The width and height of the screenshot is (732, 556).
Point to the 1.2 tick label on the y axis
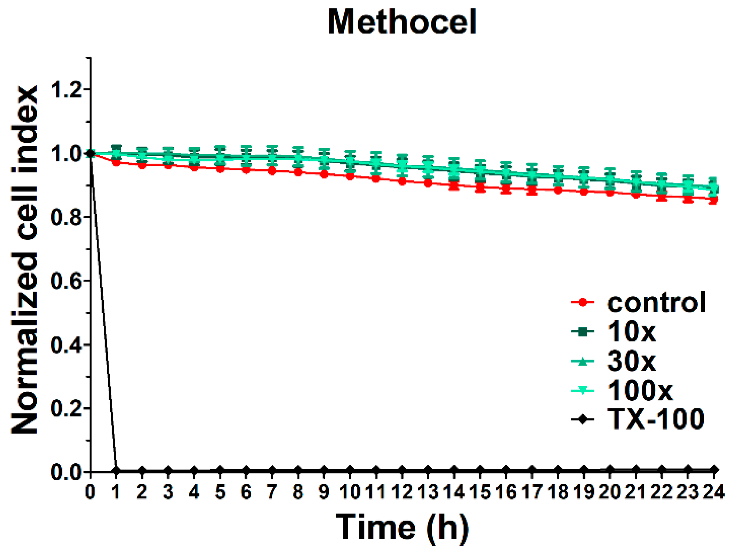(66, 90)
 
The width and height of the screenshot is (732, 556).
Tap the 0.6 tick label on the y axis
(66, 281)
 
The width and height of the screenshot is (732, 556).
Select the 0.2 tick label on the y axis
(66, 408)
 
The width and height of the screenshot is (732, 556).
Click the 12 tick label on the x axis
(402, 492)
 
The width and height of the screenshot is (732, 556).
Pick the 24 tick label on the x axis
(713, 492)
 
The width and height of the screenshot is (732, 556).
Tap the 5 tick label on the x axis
(220, 492)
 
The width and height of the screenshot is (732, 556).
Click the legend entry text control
(656, 302)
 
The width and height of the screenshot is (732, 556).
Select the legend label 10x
(632, 331)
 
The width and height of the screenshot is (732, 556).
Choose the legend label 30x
(632, 360)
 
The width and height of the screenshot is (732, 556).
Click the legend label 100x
(640, 390)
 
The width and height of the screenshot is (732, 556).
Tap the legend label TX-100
(656, 419)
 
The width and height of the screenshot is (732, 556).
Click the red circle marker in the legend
(583, 302)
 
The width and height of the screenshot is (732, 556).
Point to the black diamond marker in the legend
(583, 420)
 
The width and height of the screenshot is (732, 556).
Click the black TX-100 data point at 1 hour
(116, 470)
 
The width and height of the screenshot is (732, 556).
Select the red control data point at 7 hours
(272, 171)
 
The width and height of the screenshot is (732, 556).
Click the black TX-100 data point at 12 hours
(402, 470)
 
